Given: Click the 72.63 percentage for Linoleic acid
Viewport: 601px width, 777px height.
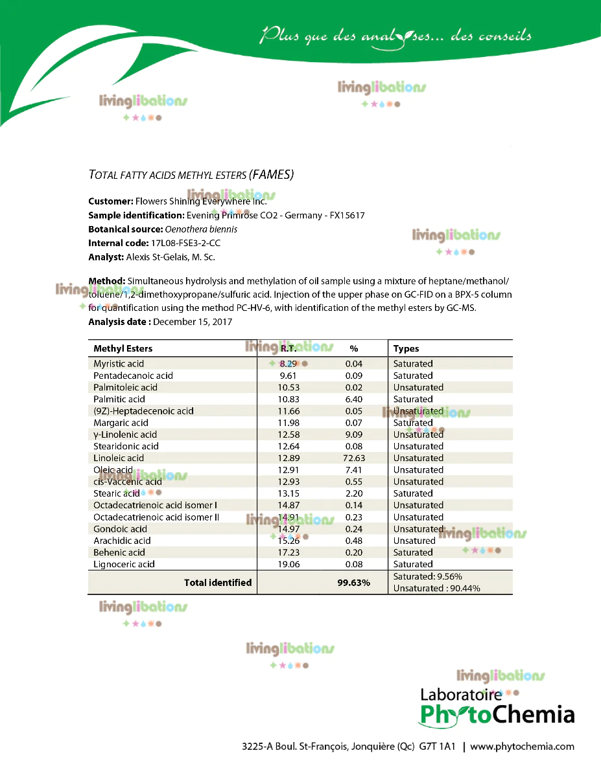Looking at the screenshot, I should (x=354, y=458).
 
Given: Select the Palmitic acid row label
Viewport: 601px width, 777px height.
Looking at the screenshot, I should (x=119, y=399).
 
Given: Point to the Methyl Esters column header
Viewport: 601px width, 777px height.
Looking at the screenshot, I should (x=123, y=348).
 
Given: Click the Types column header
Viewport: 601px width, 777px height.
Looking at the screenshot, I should (x=407, y=348).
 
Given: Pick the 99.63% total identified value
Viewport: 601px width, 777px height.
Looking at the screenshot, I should (x=353, y=583).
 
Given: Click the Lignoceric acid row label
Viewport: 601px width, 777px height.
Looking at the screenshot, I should (x=124, y=564).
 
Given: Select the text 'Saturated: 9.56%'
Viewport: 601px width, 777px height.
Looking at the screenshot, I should (x=428, y=576).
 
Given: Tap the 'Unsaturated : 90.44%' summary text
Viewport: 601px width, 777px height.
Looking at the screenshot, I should (x=436, y=589).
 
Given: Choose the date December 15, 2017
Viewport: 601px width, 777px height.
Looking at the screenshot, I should (x=193, y=322).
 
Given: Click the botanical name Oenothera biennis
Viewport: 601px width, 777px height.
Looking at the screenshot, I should (x=201, y=229).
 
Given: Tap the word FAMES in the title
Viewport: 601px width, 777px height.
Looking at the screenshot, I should (x=272, y=175).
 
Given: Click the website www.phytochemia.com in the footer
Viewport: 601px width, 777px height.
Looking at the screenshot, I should (x=522, y=746).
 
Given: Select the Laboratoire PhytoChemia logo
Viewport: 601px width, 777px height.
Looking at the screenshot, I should (x=497, y=707).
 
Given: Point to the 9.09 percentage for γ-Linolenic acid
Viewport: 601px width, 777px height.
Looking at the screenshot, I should (x=354, y=434).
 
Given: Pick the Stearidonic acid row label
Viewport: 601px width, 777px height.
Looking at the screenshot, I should (x=126, y=446).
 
